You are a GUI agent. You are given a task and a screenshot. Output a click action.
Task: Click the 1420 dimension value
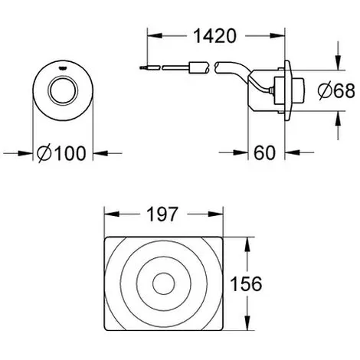pos(215,36)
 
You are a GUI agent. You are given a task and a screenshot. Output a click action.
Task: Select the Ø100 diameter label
pos(61,153)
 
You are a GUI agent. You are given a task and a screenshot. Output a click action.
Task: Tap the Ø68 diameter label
pos(336,90)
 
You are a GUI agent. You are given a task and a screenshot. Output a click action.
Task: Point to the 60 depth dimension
pos(265,152)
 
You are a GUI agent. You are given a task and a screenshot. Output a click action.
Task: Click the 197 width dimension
pos(162,214)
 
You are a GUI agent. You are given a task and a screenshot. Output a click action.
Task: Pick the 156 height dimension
pos(246,283)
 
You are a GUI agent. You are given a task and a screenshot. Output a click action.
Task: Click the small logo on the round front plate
pos(63,68)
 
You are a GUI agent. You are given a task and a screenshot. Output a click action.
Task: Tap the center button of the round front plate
pos(63,91)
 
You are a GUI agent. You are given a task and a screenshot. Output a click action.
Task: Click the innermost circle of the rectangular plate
pos(164,283)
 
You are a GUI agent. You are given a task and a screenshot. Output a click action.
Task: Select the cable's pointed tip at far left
pos(140,68)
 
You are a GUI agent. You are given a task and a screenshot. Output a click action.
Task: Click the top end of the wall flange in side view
pos(287,61)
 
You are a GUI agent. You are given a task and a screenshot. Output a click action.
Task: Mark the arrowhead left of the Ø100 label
pos(26,153)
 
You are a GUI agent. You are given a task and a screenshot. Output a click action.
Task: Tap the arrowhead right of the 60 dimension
pos(292,152)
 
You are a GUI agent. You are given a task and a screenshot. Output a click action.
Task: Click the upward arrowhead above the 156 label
pos(247,244)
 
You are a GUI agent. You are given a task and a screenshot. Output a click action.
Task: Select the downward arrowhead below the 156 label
pos(247,323)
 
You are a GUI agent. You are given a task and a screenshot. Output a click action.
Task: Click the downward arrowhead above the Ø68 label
pos(339,63)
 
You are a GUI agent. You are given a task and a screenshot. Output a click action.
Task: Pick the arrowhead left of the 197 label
pos(112,214)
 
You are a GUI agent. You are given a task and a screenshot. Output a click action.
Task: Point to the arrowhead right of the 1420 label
pos(277,36)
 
